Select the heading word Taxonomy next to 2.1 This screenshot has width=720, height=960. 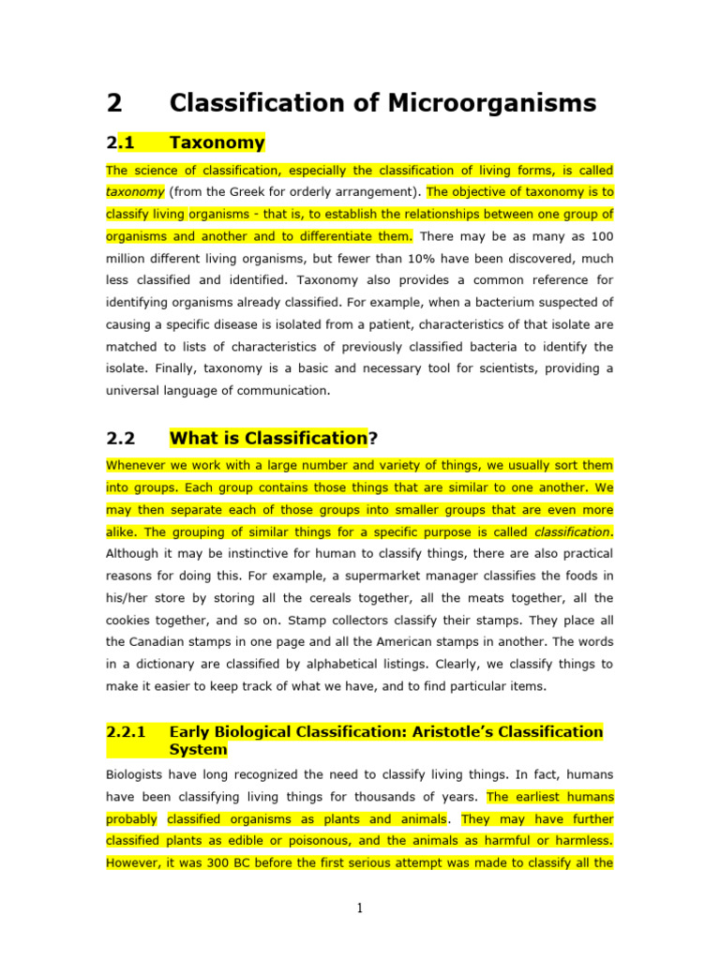217,142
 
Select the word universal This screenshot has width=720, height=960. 136,389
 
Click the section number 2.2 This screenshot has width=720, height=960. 121,437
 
